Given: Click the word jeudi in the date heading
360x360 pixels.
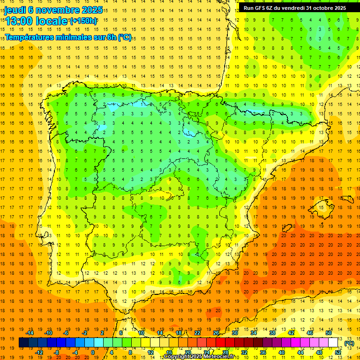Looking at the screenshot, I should pyautogui.click(x=15, y=10).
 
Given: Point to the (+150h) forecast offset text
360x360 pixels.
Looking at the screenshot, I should pyautogui.click(x=83, y=21).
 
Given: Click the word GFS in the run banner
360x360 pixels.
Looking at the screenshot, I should pyautogui.click(x=262, y=8).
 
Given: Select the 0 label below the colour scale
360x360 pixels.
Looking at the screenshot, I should pyautogui.click(x=93, y=352).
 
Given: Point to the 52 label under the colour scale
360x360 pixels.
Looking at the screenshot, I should pyautogui.click(x=338, y=352).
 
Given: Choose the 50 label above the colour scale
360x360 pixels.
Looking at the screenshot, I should pyautogui.click(x=329, y=333).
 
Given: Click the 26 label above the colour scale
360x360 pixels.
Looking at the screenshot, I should pyautogui.click(x=216, y=333).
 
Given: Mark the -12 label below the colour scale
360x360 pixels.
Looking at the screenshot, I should pyautogui.click(x=39, y=352).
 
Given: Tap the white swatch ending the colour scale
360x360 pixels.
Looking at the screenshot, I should pyautogui.click(x=333, y=343).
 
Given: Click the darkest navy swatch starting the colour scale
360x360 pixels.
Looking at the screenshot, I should pyautogui.click(x=23, y=343).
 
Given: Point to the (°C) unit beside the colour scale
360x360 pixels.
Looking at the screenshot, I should pyautogui.click(x=349, y=343).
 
